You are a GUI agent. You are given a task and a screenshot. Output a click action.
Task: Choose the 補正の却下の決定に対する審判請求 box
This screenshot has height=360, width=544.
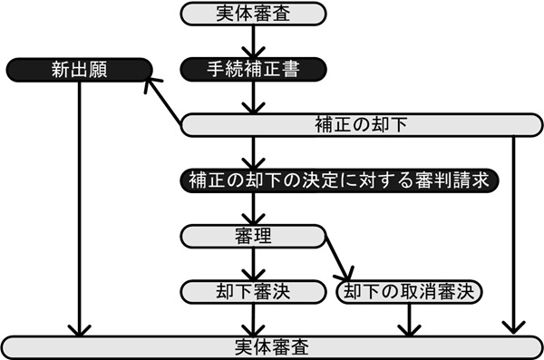tap(340, 179)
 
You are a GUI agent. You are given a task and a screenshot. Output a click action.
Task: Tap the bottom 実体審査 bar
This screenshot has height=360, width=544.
tap(271, 346)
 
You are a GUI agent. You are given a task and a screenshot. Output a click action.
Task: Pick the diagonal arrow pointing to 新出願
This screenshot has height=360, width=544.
tap(165, 98)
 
